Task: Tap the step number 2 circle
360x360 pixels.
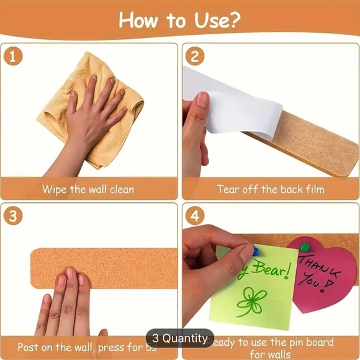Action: [194, 56]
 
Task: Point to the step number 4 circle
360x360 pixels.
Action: [194, 217]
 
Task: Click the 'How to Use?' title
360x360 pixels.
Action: [179, 20]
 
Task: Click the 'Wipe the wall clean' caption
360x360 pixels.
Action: [88, 189]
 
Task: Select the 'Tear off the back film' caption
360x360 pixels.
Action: [271, 189]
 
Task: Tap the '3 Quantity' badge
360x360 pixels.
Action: [179, 338]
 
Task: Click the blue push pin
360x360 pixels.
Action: [255, 251]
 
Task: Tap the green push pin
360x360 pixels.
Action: [305, 246]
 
